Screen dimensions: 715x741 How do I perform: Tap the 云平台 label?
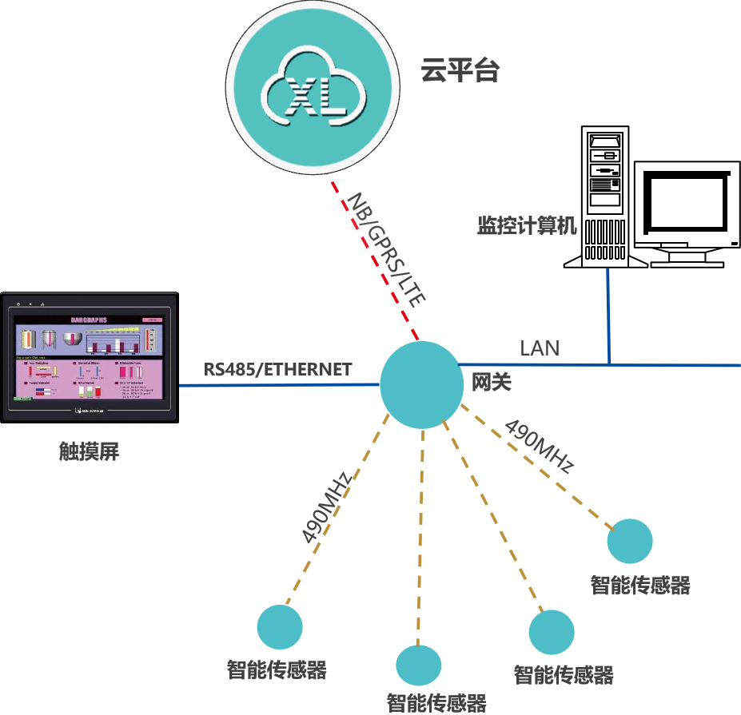(x=460, y=71)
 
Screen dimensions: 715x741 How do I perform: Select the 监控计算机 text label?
(x=527, y=225)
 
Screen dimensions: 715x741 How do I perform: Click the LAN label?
(x=540, y=348)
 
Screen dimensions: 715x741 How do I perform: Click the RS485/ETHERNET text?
(x=277, y=369)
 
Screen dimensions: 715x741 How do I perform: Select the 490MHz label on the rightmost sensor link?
(x=540, y=445)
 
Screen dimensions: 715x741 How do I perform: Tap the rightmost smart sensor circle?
(x=629, y=541)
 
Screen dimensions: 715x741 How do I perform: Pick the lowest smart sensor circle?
(x=419, y=665)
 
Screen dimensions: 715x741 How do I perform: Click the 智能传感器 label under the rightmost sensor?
(x=640, y=586)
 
